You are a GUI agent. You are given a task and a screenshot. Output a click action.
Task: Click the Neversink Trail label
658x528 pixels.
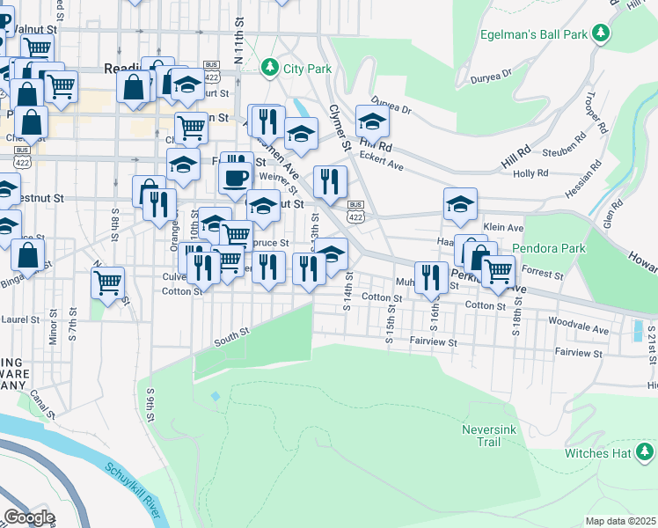coord(486,436)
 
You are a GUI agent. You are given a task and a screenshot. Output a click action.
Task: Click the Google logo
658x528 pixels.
coord(29,517)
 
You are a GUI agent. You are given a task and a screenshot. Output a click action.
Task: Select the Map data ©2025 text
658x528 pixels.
coord(620,521)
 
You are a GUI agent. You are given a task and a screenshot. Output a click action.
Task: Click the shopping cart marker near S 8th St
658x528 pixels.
coord(107,282)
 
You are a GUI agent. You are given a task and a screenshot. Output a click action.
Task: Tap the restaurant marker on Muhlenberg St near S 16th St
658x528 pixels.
coord(429,276)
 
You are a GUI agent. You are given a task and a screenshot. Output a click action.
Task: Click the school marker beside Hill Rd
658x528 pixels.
coord(372,121)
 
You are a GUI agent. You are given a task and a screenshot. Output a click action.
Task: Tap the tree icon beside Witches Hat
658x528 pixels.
coord(645,452)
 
